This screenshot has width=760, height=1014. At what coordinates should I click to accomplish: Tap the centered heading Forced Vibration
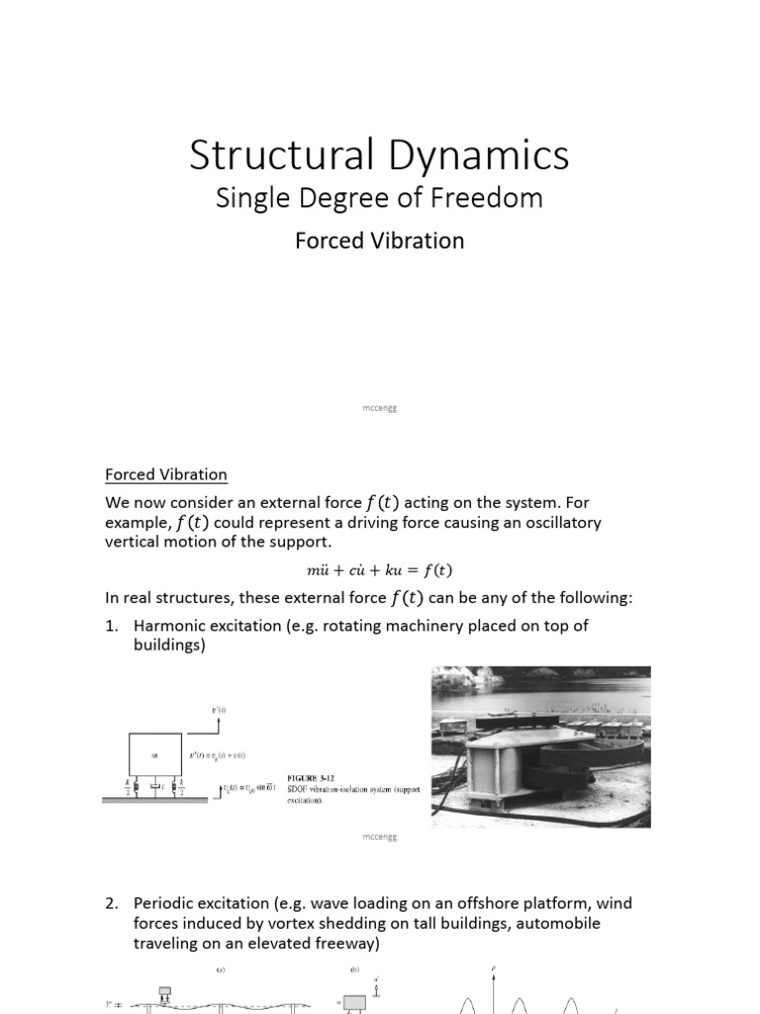pos(379,241)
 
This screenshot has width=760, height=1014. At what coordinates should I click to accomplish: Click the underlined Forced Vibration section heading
pos(166,474)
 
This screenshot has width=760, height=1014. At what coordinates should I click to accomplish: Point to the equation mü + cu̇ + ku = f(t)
pos(380,570)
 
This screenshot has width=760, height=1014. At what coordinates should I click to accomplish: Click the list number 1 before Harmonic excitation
pos(112,626)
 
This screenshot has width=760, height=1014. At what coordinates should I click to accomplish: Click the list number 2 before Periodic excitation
pos(112,904)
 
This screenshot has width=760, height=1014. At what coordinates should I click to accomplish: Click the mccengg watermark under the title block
pos(380,407)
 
